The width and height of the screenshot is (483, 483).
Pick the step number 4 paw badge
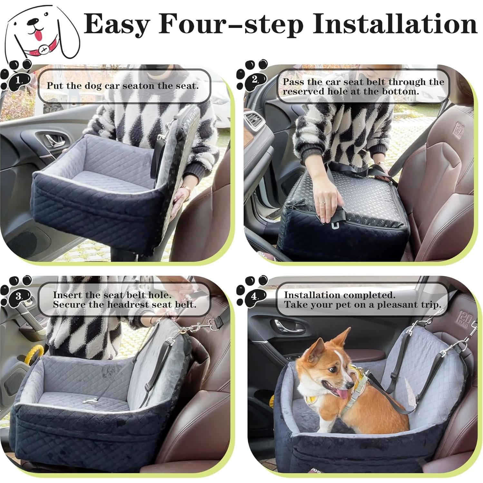coord(255,296)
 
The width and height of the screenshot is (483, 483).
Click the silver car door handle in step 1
coord(53,140)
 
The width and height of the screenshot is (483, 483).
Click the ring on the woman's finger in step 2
coord(321,203)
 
